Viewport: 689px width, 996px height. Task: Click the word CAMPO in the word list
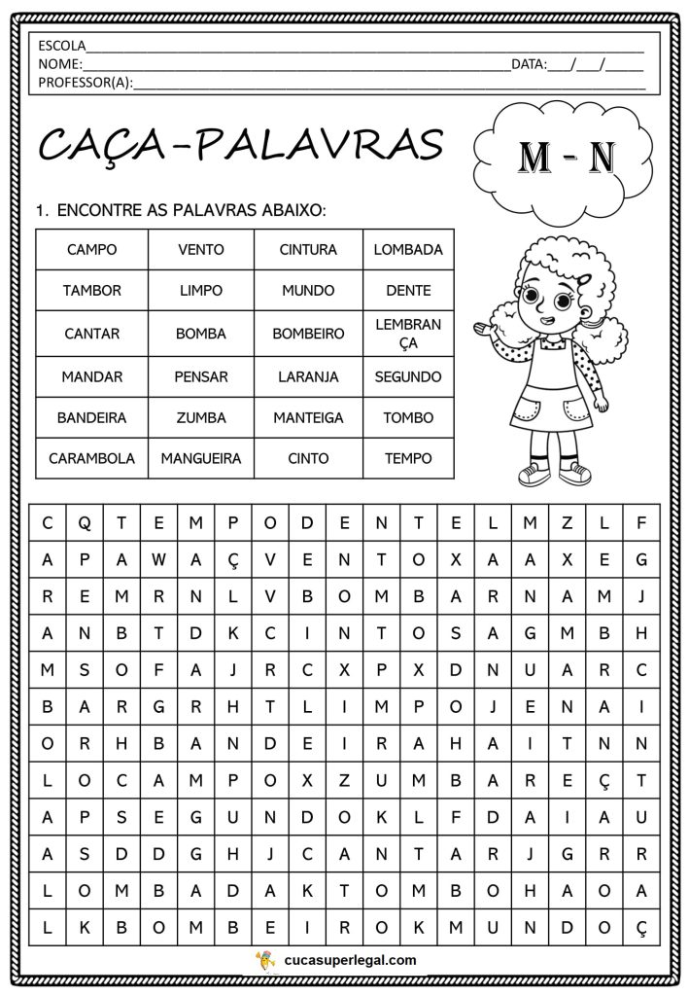(91, 249)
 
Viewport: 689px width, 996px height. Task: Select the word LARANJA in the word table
(308, 376)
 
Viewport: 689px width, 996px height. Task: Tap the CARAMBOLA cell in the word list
(91, 458)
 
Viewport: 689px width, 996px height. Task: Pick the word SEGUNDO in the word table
(408, 376)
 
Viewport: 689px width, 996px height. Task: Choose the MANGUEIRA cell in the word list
(201, 458)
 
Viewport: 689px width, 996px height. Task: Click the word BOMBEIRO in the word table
(308, 334)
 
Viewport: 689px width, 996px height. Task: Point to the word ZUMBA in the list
(201, 417)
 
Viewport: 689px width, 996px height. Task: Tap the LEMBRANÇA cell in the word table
(408, 334)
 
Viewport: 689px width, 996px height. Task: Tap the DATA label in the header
(529, 64)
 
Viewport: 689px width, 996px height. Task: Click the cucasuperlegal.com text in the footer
(351, 960)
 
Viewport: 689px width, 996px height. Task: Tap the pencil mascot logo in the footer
(263, 960)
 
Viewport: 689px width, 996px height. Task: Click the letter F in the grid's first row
(641, 522)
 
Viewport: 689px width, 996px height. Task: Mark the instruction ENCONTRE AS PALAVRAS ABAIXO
(190, 210)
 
